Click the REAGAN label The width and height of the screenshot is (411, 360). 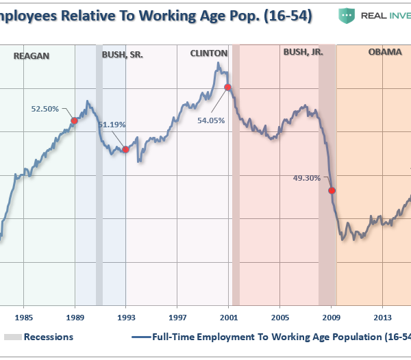[32, 55]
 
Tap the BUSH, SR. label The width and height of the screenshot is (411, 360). [123, 54]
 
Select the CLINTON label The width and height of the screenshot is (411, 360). [209, 53]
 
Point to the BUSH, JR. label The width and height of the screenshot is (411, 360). [303, 51]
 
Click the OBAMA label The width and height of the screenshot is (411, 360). [385, 51]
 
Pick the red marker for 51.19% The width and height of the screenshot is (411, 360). [125, 149]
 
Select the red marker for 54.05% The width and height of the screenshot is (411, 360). [228, 87]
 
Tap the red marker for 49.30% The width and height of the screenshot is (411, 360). [332, 191]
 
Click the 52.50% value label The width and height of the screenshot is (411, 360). [45, 108]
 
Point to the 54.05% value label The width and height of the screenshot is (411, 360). [201, 120]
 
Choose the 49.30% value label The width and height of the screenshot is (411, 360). [307, 178]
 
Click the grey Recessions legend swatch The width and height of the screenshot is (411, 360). [12, 337]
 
